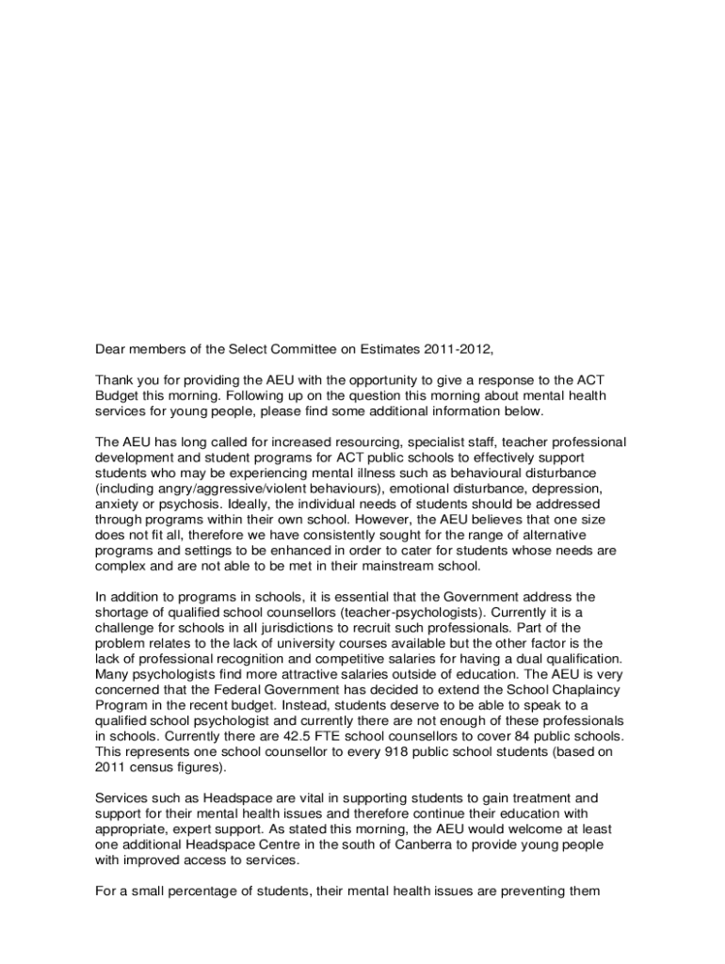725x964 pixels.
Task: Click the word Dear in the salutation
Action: coord(110,348)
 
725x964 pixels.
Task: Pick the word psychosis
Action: coord(166,504)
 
